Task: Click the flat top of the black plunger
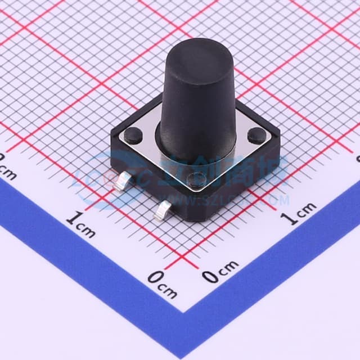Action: tap(192, 53)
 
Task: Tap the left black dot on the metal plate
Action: tap(133, 133)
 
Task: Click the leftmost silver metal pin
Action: tap(121, 183)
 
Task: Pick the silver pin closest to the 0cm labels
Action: tap(163, 211)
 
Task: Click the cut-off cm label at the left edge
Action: tap(7, 168)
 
